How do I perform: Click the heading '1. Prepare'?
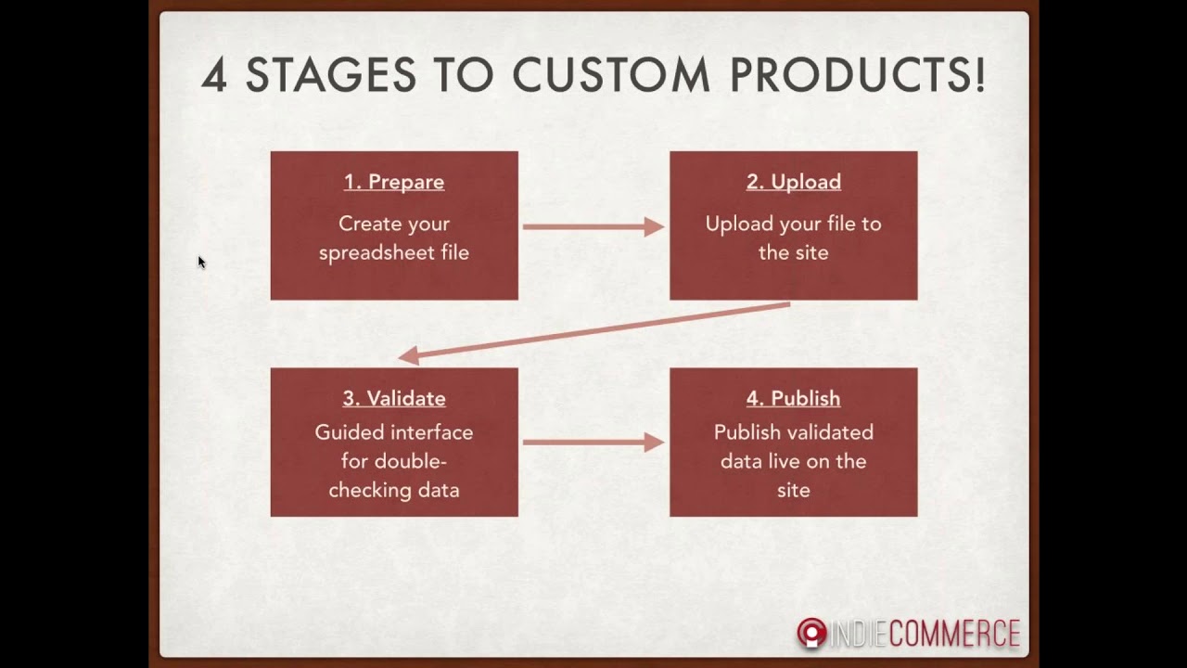pyautogui.click(x=394, y=182)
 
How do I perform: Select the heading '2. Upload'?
pyautogui.click(x=794, y=182)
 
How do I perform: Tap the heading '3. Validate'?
pyautogui.click(x=394, y=398)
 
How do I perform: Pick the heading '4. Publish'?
pyautogui.click(x=794, y=398)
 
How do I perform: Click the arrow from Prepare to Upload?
pyautogui.click(x=593, y=226)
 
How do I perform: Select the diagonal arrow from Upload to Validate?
pyautogui.click(x=593, y=330)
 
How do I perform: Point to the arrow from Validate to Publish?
pyautogui.click(x=593, y=443)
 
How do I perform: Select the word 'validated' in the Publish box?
pyautogui.click(x=832, y=432)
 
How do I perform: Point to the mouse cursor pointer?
pyautogui.click(x=201, y=263)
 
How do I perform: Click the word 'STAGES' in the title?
pyautogui.click(x=330, y=75)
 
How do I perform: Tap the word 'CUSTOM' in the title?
pyautogui.click(x=610, y=75)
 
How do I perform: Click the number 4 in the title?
pyautogui.click(x=213, y=75)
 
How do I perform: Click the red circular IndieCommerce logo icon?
pyautogui.click(x=811, y=633)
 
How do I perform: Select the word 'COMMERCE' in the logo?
pyautogui.click(x=954, y=634)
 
